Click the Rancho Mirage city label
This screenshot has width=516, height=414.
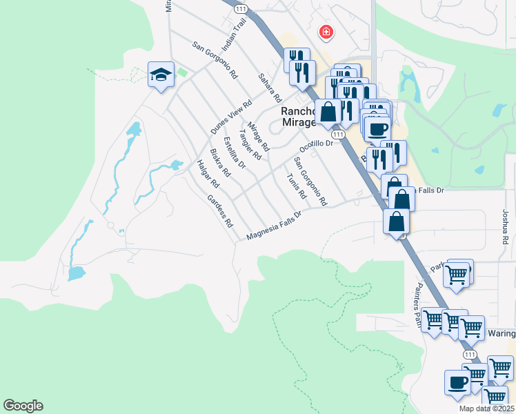coord(298,117)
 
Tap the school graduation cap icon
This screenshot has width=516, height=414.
coord(161,75)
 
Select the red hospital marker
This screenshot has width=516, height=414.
coord(326,32)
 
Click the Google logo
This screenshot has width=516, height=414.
coord(23,406)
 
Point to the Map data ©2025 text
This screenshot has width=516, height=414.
coord(486,408)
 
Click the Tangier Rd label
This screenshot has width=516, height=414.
coord(250,144)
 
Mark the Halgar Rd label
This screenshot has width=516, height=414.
coord(208,174)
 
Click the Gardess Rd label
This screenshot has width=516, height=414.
coord(220,210)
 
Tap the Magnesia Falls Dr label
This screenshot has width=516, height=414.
coord(275,226)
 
